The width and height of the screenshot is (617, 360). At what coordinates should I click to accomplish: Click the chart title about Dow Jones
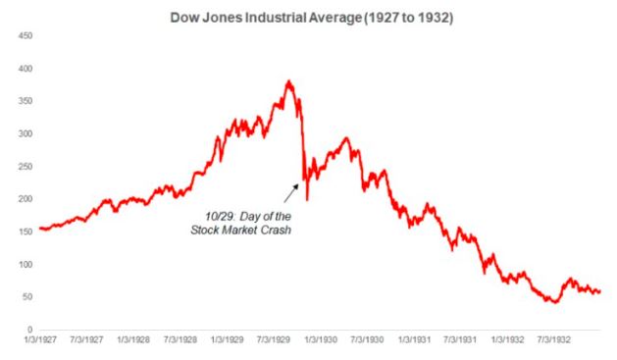point(311,18)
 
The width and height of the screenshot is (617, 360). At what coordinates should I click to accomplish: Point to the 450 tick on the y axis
point(26,35)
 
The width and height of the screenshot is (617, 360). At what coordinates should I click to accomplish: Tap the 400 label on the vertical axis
point(26,69)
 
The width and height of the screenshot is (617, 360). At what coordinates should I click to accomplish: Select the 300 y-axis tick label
point(26,134)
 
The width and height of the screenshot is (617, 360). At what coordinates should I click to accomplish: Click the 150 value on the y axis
point(26,231)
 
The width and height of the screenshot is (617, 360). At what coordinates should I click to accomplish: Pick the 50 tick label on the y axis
point(27,297)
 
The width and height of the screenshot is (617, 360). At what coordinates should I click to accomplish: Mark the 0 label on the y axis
point(29,330)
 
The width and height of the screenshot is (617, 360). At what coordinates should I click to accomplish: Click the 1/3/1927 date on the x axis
point(40,339)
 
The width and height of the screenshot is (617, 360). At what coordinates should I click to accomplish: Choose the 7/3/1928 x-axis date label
point(180,339)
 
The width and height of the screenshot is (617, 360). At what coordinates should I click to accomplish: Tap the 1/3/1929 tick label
point(227,339)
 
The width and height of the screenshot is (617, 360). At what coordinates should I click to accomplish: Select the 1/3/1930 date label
point(321,339)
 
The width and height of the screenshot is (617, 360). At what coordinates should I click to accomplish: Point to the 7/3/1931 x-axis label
point(460,339)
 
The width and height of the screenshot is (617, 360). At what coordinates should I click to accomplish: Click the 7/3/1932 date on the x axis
point(553,339)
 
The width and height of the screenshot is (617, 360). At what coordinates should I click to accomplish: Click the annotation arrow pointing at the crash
point(291,193)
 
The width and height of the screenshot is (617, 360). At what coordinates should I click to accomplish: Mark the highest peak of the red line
point(289,81)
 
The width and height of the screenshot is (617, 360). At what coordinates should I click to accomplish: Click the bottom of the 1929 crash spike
point(307,200)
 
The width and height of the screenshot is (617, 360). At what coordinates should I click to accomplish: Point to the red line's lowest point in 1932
point(555,302)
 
